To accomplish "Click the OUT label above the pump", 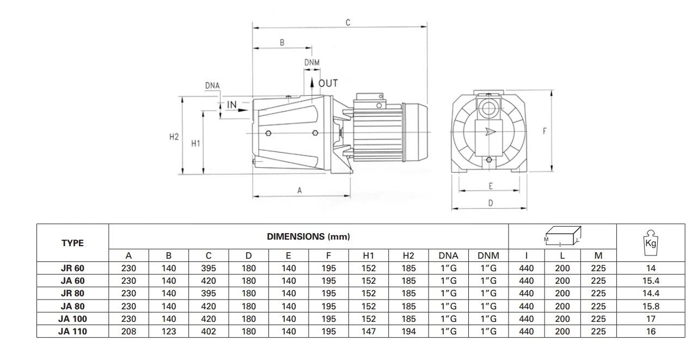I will [x=328, y=83].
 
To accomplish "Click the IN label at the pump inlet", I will [x=232, y=105].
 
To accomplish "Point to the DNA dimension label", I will [x=212, y=86].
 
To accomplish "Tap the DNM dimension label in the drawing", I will [x=311, y=63].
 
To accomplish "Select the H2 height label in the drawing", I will [x=174, y=137].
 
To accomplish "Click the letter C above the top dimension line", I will [x=348, y=22].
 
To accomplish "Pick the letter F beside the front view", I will [x=545, y=131].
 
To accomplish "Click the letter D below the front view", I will [x=490, y=203].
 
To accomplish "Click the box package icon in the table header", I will [x=562, y=235].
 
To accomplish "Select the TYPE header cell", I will [x=72, y=243].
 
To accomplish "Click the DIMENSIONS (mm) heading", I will [x=308, y=236].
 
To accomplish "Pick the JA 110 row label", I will [x=72, y=331].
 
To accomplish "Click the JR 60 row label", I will [x=72, y=268].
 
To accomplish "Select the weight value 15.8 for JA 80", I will [x=651, y=306].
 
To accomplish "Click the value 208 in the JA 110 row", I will [x=129, y=331].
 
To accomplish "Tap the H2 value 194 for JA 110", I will [x=408, y=331].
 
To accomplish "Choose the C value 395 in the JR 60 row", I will [x=209, y=268].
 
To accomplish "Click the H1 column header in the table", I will [x=369, y=255].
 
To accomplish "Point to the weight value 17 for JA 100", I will [x=651, y=319].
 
